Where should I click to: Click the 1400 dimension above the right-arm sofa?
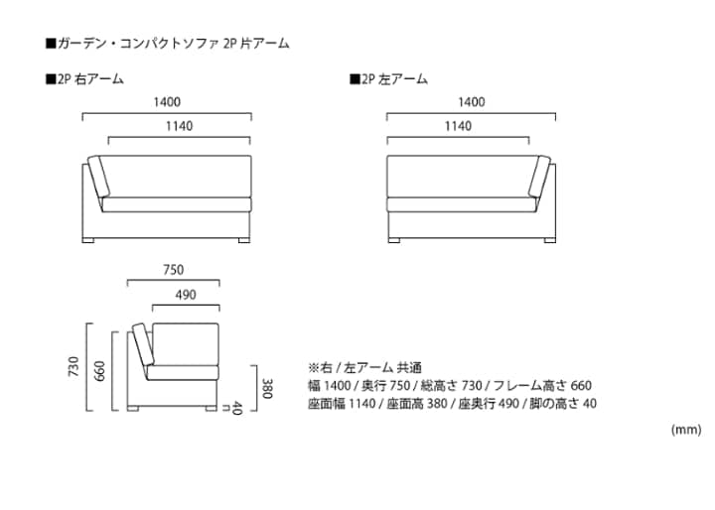pyautogui.click(x=167, y=102)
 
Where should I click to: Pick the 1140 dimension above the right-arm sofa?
pyautogui.click(x=179, y=126)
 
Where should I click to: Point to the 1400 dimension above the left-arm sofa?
pyautogui.click(x=471, y=102)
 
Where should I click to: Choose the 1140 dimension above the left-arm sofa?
pyautogui.click(x=458, y=126)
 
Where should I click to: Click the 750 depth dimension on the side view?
pyautogui.click(x=173, y=270)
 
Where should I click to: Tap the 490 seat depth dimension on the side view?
pyautogui.click(x=185, y=294)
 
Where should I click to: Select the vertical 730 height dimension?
pyautogui.click(x=71, y=366)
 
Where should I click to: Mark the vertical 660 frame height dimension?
pyautogui.click(x=100, y=371)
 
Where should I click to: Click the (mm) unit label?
pyautogui.click(x=686, y=430)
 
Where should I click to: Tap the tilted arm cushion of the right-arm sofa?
pyautogui.click(x=97, y=179)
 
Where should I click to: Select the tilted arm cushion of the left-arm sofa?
pyautogui.click(x=539, y=179)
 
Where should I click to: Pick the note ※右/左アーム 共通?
pyautogui.click(x=364, y=366)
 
